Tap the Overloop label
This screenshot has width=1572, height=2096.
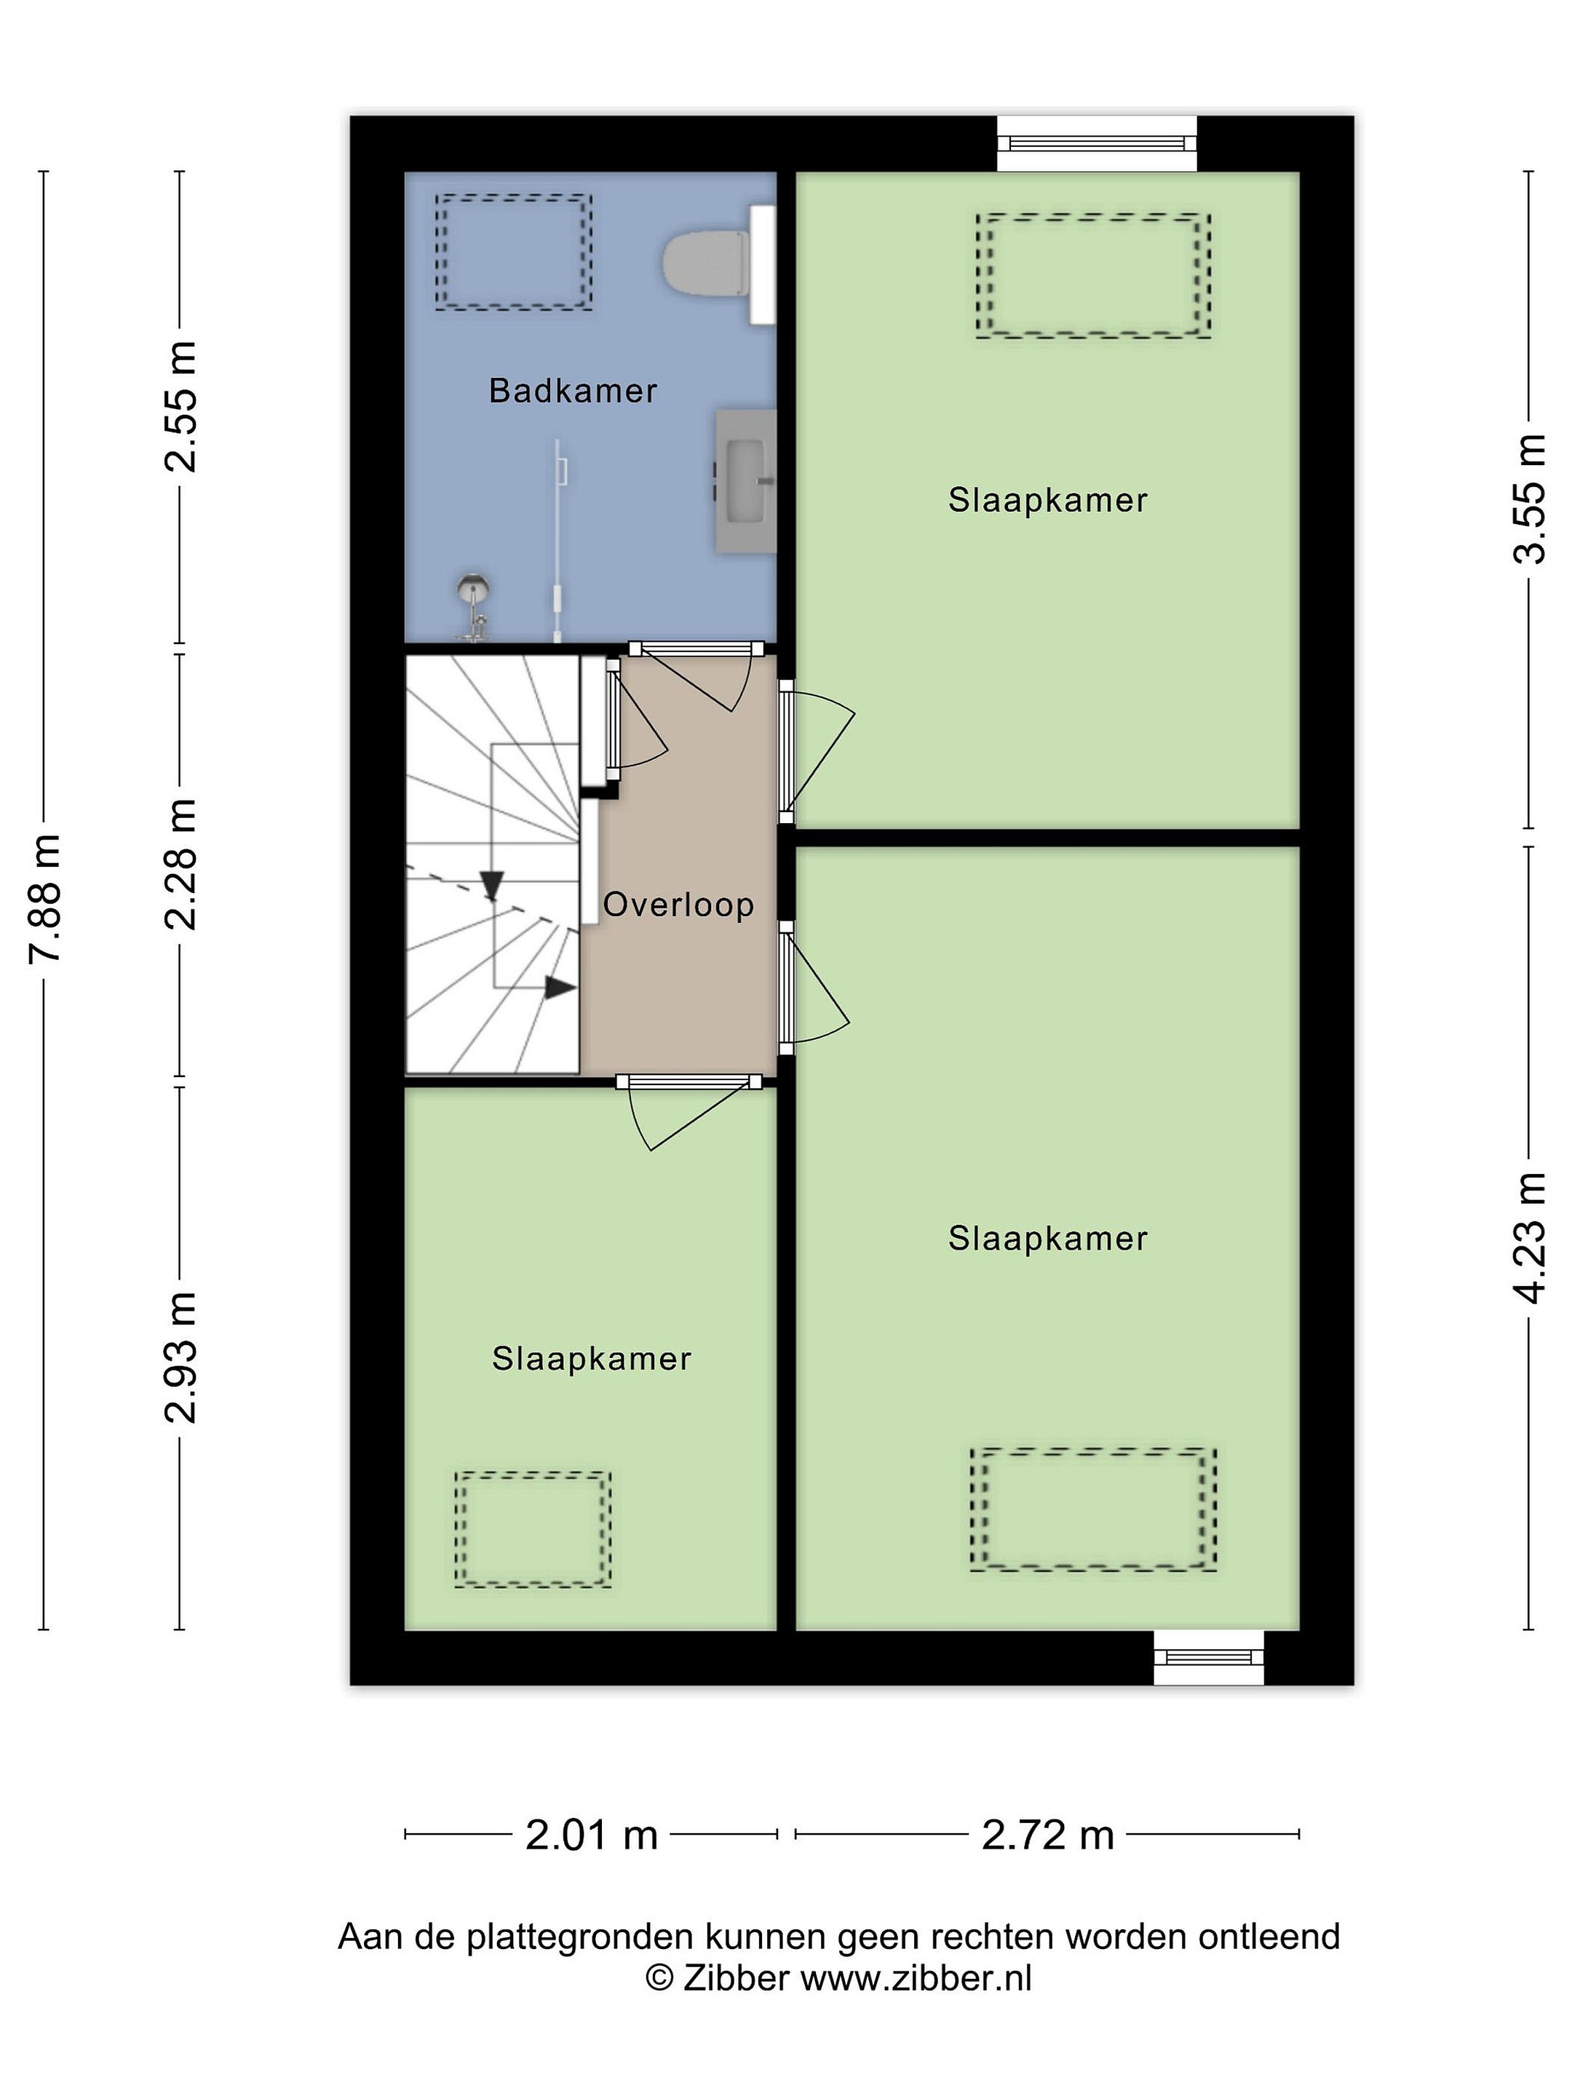tap(678, 905)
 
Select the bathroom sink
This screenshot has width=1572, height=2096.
tap(746, 481)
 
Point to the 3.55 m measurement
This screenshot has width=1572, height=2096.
tap(1528, 499)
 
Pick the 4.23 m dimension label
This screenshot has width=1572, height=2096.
tap(1528, 1237)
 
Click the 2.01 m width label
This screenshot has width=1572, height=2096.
tap(591, 1835)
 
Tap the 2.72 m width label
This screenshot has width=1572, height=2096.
tap(1047, 1835)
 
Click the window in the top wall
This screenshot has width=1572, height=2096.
tap(1096, 143)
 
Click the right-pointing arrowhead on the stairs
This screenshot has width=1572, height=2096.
tap(560, 988)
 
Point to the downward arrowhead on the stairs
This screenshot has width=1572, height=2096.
tap(491, 885)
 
